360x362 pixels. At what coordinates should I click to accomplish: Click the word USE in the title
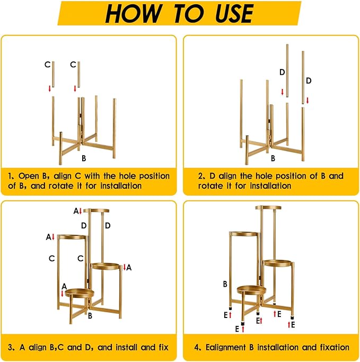click(x=234, y=13)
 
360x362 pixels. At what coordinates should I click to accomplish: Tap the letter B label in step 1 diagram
click(x=84, y=158)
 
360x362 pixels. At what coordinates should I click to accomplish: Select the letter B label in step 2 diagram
click(x=273, y=158)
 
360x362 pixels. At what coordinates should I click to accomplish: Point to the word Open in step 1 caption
click(x=29, y=176)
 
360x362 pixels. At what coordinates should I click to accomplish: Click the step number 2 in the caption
click(x=201, y=176)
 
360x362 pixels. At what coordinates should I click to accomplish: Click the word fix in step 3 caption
click(x=163, y=347)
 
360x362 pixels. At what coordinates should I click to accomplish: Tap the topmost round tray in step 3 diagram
click(x=96, y=210)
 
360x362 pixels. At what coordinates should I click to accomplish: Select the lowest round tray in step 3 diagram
click(x=80, y=293)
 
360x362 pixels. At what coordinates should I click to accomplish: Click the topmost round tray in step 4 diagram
click(x=268, y=208)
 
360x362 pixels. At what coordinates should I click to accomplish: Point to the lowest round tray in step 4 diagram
click(x=251, y=290)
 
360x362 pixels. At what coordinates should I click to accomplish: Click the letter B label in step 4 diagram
click(x=225, y=284)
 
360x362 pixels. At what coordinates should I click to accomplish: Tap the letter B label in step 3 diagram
click(x=90, y=315)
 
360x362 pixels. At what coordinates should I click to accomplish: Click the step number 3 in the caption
click(x=11, y=348)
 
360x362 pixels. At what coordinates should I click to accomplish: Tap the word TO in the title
click(x=188, y=13)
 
